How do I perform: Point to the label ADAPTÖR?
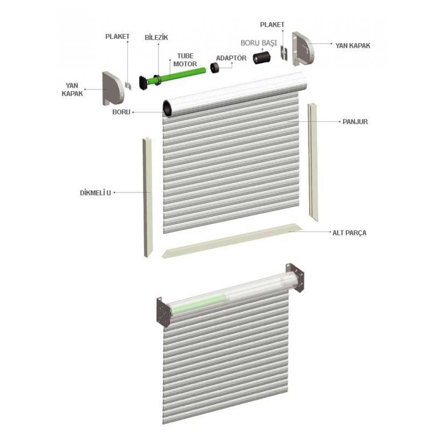coord(231,58)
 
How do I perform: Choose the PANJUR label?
coord(355,121)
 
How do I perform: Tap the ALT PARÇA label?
coord(349,232)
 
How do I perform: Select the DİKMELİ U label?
coord(95,193)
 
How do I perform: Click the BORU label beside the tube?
coord(121,112)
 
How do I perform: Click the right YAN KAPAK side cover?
coord(303,48)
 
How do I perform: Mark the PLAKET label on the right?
coord(273,25)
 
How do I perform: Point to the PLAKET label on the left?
coord(117,36)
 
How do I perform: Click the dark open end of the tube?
coord(168,109)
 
